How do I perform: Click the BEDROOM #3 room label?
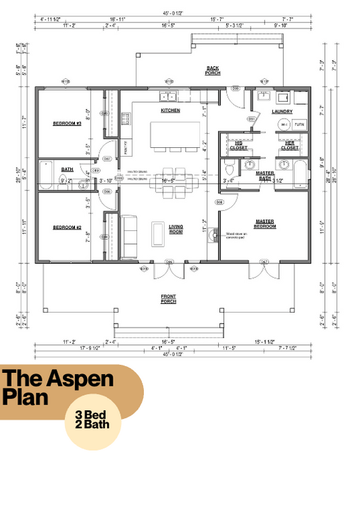[x=67, y=124]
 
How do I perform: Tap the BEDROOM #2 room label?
[x=67, y=228]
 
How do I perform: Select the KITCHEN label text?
[x=170, y=110]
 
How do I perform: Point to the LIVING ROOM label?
[x=176, y=230]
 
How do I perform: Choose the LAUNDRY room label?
[x=282, y=111]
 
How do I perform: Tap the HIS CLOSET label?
[x=238, y=145]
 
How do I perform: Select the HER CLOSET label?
[x=290, y=145]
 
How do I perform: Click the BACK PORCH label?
[x=213, y=71]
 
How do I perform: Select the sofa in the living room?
[x=128, y=236]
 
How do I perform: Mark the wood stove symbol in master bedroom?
[x=215, y=235]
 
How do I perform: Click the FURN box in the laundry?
[x=299, y=125]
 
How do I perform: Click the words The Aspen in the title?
[x=57, y=379]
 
